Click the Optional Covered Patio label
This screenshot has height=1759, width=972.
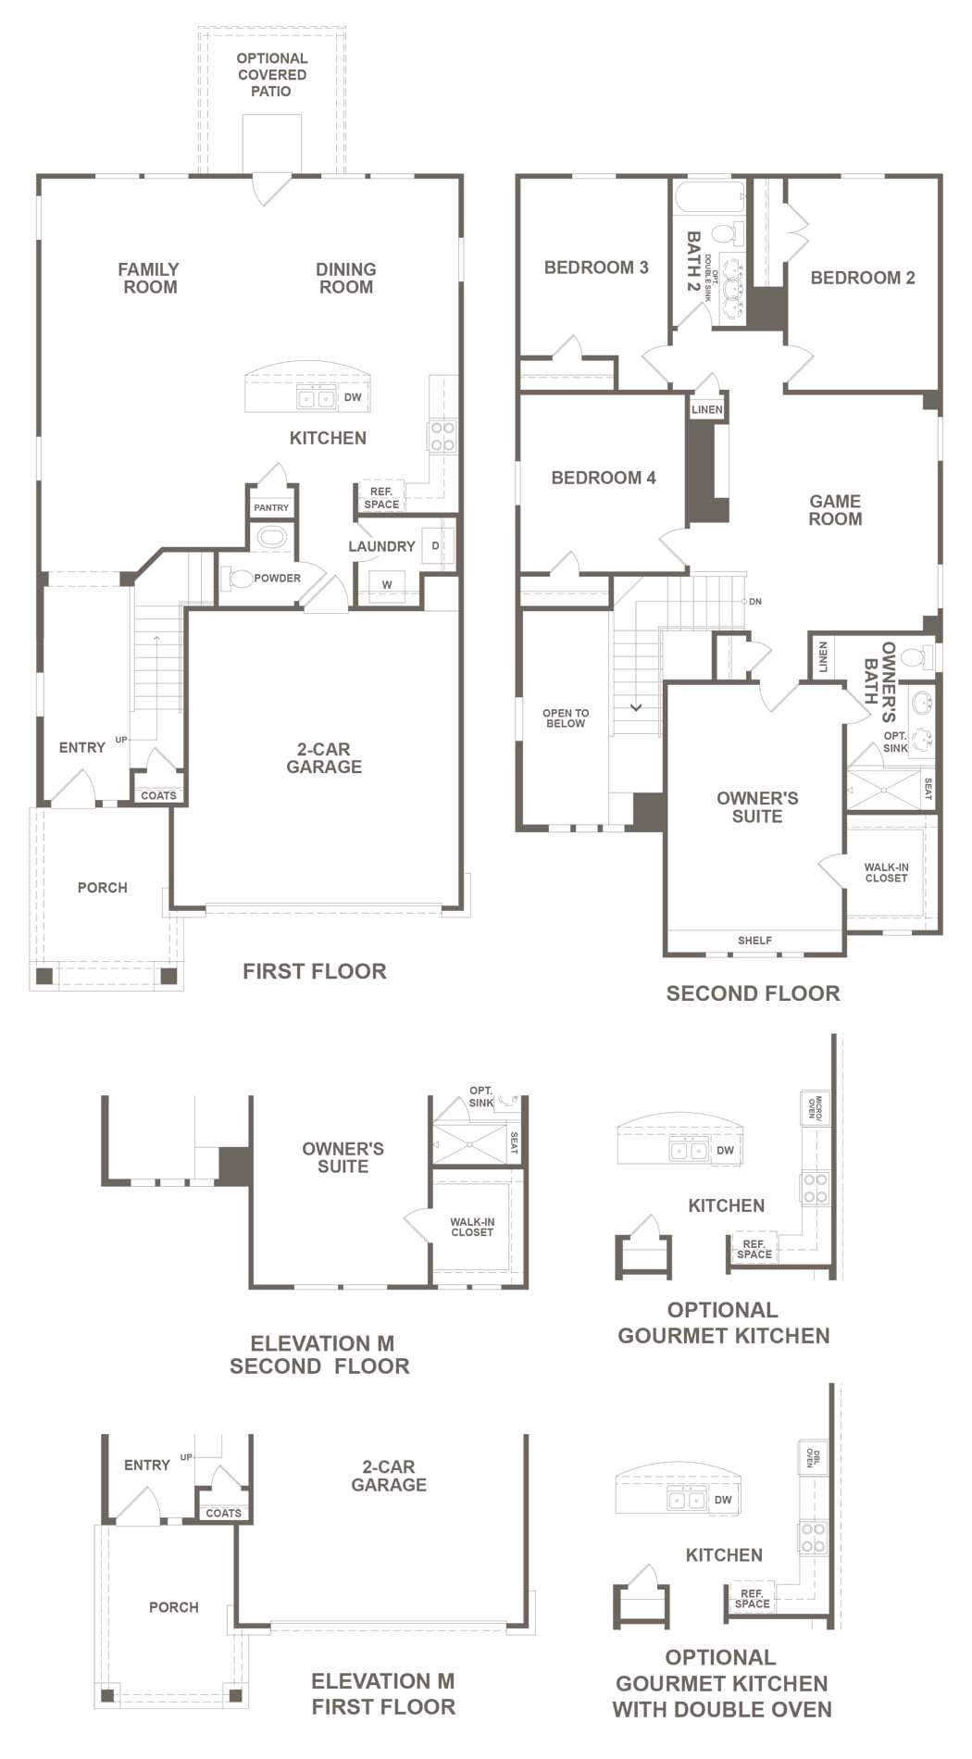(271, 75)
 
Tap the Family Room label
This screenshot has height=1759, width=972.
(148, 278)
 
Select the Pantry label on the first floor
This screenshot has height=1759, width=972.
(271, 507)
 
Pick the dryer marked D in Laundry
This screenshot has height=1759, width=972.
(435, 545)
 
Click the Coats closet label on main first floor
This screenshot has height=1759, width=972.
(158, 795)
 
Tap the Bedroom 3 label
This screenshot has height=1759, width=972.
(596, 268)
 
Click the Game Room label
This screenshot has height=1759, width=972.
(835, 510)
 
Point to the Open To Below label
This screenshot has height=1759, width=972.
(566, 718)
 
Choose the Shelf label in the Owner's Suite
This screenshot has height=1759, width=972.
(754, 941)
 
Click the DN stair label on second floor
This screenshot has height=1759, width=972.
(755, 602)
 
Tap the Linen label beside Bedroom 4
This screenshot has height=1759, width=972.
(707, 409)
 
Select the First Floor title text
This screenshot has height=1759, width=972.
(315, 971)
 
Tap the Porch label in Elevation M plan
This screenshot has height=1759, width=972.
(174, 1607)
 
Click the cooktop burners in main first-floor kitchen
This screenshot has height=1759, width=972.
(442, 436)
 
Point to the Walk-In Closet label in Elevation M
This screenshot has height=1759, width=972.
(472, 1227)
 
